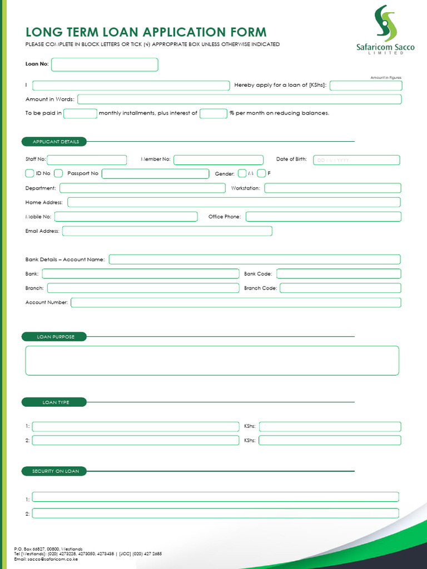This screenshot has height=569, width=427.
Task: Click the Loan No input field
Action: click(105, 64)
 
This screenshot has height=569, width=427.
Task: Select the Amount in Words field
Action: click(239, 99)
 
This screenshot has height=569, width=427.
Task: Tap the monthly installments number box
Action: click(81, 113)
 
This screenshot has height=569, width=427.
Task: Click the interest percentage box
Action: click(213, 113)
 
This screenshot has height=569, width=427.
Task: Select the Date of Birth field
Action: click(356, 160)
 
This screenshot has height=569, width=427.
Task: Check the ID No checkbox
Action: click(30, 173)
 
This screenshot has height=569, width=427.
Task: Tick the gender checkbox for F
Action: click(261, 173)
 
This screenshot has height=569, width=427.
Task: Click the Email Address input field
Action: click(167, 231)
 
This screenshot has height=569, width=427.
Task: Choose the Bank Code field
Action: click(338, 274)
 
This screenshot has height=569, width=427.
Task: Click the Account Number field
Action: click(235, 303)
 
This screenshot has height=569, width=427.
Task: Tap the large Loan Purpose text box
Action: click(212, 361)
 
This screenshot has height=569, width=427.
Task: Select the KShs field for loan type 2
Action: click(330, 441)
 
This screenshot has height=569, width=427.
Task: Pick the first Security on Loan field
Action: click(215, 497)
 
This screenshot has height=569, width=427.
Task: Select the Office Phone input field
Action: click(323, 217)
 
